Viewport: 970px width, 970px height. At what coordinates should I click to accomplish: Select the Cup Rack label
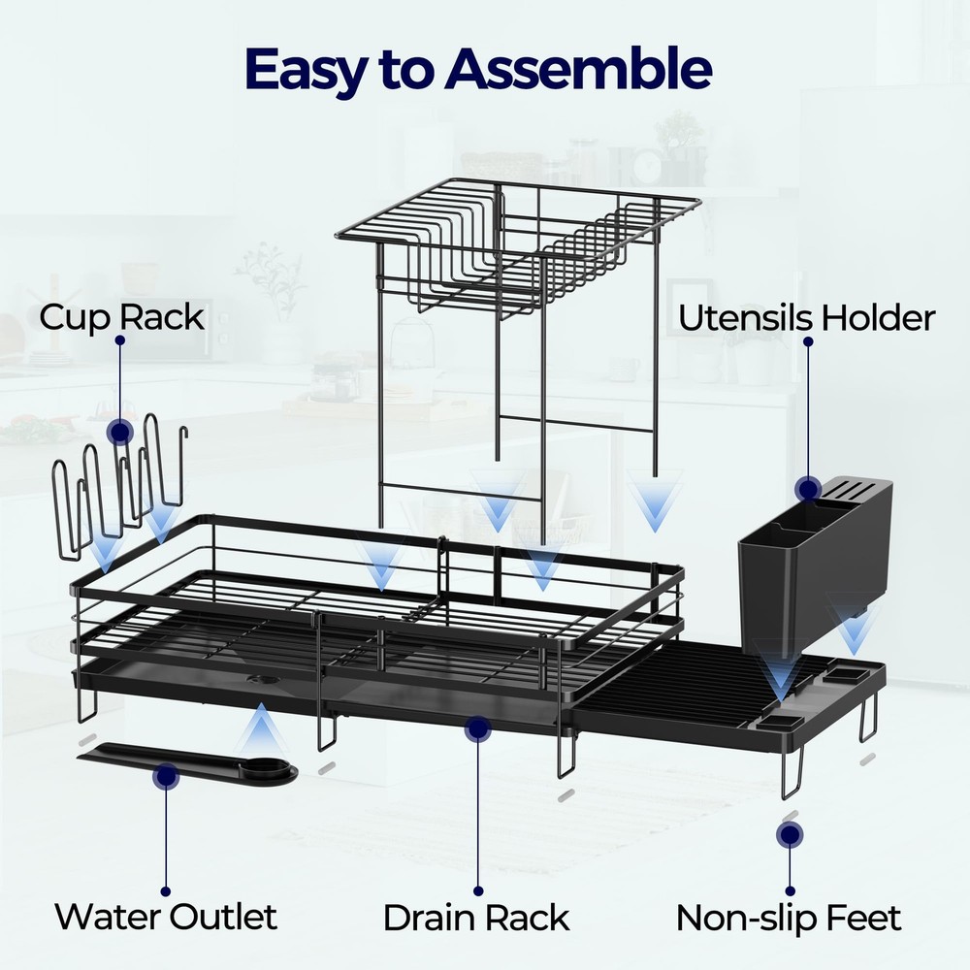point(121,317)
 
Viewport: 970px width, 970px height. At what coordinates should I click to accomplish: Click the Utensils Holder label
point(806,318)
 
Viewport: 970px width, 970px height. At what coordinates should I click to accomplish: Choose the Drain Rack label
point(476,917)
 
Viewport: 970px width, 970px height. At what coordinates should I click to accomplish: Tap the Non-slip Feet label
point(789,917)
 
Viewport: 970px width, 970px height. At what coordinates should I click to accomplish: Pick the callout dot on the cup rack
point(120,433)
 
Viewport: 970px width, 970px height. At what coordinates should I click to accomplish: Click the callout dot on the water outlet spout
point(166,775)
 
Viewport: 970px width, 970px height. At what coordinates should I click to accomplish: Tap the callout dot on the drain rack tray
point(476,729)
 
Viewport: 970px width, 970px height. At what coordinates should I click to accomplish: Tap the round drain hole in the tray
point(261,680)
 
